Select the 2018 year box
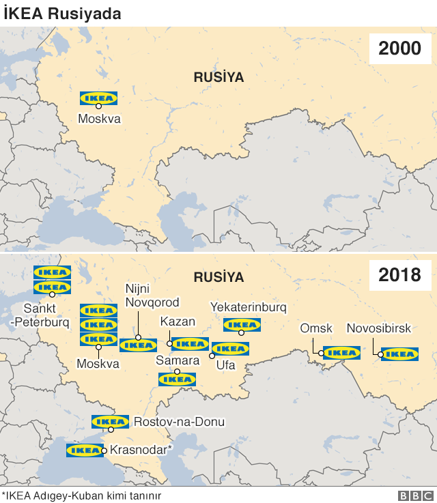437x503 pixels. coord(399,276)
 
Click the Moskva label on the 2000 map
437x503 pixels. coord(99,119)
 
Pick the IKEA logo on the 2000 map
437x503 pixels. coord(99,98)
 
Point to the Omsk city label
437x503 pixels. coord(316,329)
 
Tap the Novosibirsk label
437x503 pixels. coord(379,329)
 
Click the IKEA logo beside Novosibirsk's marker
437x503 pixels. coord(399,354)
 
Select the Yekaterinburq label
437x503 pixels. coord(249,306)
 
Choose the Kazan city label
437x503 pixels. coord(178,321)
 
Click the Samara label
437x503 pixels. coord(177,360)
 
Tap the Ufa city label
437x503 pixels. coord(226,366)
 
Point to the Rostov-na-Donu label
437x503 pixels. coord(179,422)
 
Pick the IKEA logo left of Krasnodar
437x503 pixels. coord(85,450)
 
